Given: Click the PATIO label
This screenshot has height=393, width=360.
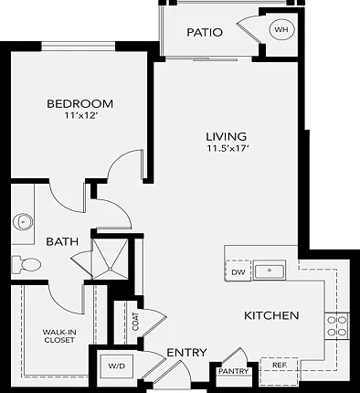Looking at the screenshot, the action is click(205, 32).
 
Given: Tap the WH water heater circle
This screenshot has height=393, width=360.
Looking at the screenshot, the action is click(282, 29).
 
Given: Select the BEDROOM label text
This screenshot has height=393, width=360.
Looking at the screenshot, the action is click(79, 103).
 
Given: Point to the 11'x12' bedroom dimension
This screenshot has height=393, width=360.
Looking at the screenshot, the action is click(80, 115).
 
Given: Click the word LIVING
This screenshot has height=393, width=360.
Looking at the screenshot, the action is click(227, 136).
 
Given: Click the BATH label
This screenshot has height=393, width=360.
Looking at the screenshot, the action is click(62, 241).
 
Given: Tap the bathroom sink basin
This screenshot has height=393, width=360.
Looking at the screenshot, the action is click(23, 221).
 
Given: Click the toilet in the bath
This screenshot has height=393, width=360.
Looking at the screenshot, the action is click(26, 264).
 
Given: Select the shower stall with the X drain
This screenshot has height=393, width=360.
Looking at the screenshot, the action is click(110, 259).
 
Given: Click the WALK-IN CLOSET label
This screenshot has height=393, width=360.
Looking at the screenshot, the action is click(59, 336).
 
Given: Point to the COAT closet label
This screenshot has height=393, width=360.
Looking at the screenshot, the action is click(135, 322).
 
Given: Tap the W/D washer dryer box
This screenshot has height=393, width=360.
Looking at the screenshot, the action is click(117, 366).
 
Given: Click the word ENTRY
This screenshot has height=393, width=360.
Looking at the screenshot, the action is click(186, 353).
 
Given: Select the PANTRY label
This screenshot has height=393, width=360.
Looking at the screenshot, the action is click(234, 371).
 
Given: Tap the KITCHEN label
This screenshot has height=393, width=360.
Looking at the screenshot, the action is click(271, 315).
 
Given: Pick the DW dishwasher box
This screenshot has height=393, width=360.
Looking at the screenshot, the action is click(238, 271).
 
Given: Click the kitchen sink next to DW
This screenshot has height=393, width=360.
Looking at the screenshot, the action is click(270, 271).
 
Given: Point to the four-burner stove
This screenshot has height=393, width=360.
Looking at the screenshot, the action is click(337, 325).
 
